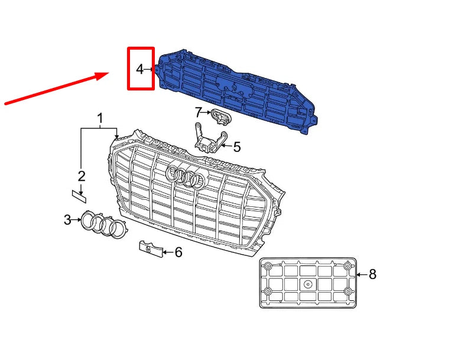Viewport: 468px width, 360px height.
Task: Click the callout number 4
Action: click(139, 69)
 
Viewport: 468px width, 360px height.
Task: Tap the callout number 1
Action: click(100, 118)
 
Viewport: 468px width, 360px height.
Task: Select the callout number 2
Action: click(82, 176)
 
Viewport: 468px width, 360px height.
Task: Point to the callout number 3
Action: click(67, 220)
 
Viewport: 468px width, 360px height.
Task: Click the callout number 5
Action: click(236, 147)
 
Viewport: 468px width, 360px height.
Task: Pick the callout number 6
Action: click(178, 252)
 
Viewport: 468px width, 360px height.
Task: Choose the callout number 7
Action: click(199, 111)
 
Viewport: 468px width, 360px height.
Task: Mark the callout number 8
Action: click(372, 274)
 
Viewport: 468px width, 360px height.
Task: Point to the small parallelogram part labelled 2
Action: click(77, 192)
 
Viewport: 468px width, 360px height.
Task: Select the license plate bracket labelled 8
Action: click(308, 283)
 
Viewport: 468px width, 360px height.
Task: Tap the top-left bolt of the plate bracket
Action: click(268, 267)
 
